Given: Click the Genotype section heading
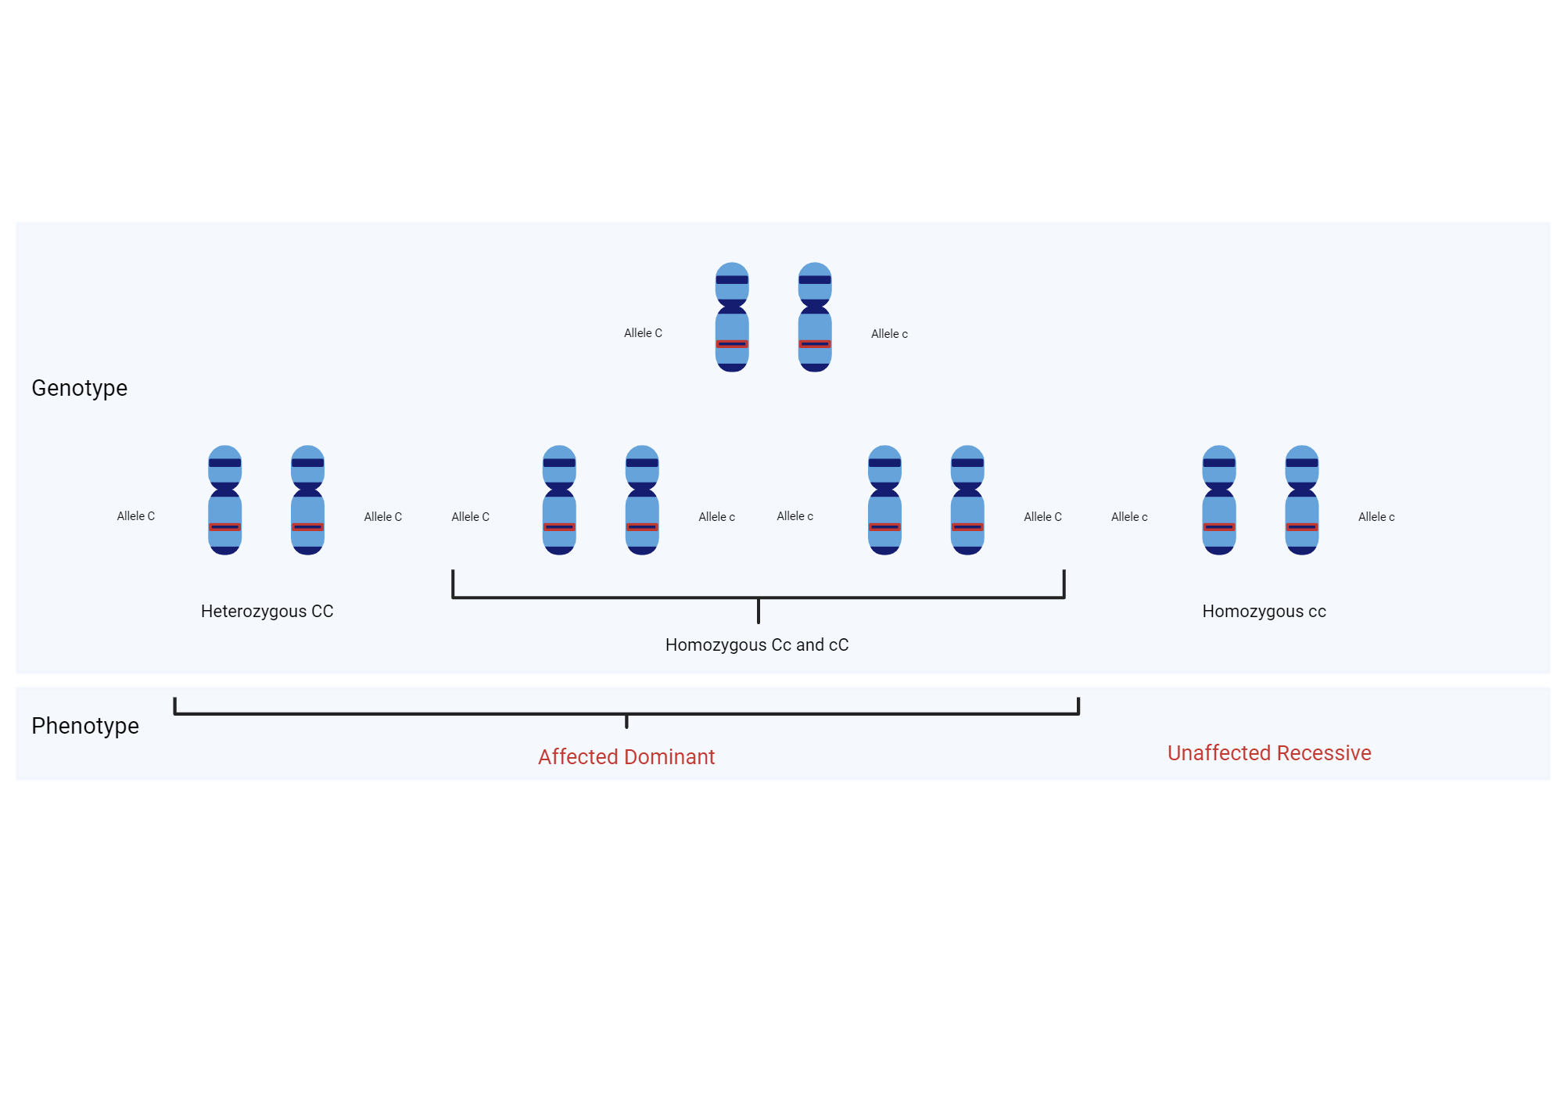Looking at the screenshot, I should coord(79,388).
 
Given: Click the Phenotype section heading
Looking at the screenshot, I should coord(85,726).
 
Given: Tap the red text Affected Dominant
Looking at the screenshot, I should coord(626,757).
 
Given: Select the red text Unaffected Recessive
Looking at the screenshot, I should coord(1268,753).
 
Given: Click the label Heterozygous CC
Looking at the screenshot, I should coord(267,612).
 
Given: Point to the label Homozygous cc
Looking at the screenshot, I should coord(1264,612).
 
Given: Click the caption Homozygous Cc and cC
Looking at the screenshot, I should coord(756,645).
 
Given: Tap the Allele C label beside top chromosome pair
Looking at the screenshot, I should coord(643,333).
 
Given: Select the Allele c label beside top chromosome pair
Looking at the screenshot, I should coord(889,334).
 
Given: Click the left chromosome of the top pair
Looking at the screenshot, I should coord(732,317).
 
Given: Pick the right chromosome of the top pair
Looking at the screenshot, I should coord(815,317).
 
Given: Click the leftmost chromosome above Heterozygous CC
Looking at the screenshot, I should coord(224,501).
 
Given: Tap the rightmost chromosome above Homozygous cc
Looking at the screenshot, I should coord(1301,501).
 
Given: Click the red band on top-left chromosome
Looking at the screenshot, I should coord(732,344).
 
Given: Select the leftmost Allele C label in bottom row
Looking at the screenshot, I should coord(136,516).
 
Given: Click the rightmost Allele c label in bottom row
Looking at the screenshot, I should coord(1376,517).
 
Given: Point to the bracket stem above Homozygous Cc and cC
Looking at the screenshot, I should coord(758,611).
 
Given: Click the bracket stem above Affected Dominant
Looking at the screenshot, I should coord(626,721).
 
